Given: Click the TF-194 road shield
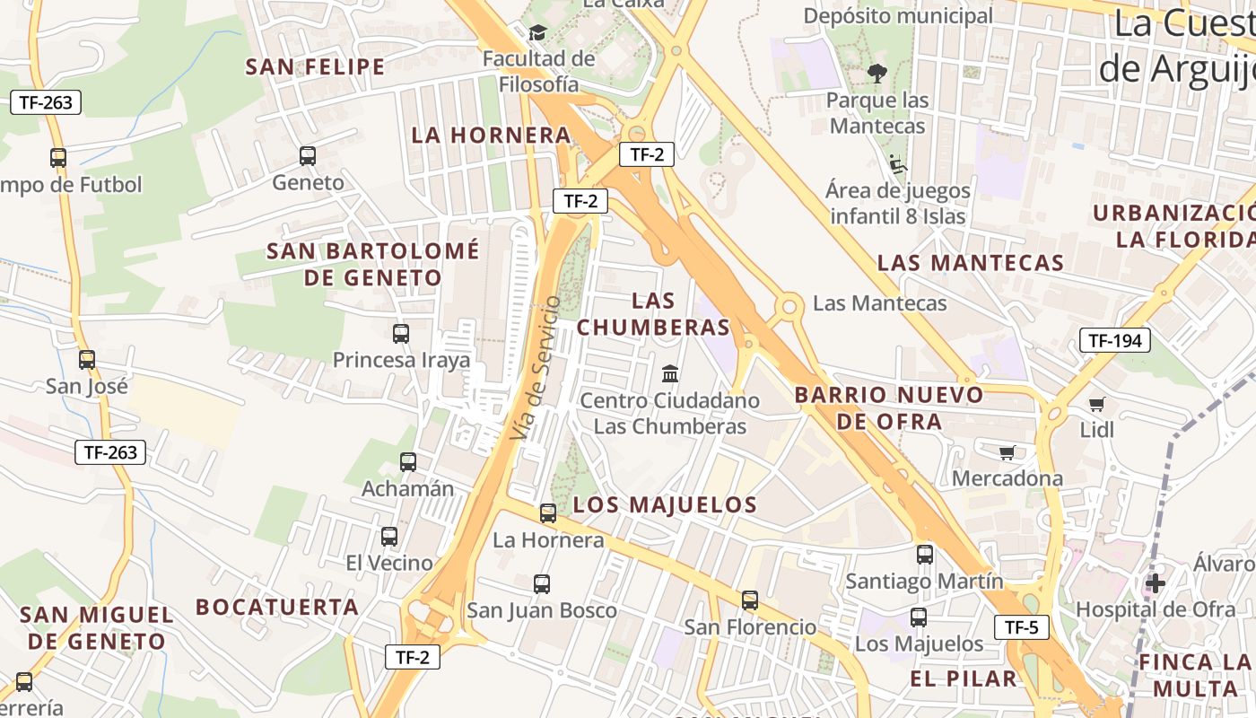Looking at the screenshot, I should coord(1114,340).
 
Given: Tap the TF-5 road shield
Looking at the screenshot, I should coord(1021,627).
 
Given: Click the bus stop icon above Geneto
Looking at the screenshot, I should coord(308,156).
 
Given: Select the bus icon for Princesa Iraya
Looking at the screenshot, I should coord(401,334).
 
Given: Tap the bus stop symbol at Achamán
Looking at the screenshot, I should coord(408,462).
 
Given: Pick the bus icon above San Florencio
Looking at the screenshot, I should coord(750,600).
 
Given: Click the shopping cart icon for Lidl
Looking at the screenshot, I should coord(1096,404).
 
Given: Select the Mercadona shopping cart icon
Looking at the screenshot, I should coord(1007,452).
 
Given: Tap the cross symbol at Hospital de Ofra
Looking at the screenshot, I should coord(1156,583).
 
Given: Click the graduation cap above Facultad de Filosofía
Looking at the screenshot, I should coord(537,33).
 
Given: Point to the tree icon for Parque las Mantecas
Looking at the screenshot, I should coord(877,74).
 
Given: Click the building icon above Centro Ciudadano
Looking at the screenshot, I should coord(670,373).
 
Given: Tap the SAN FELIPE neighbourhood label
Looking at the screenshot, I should coord(315,67).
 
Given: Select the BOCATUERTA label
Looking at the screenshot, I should coord(277,607).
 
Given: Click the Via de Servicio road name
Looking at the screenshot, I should coord(536,368).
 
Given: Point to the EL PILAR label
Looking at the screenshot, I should coord(964,679).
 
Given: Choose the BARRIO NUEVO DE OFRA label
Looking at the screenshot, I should coord(889,407).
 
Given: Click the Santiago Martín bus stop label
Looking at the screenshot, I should coord(924,582).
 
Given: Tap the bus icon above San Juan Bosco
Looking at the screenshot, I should coord(542,584).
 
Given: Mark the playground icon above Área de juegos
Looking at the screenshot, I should coord(897,164).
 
